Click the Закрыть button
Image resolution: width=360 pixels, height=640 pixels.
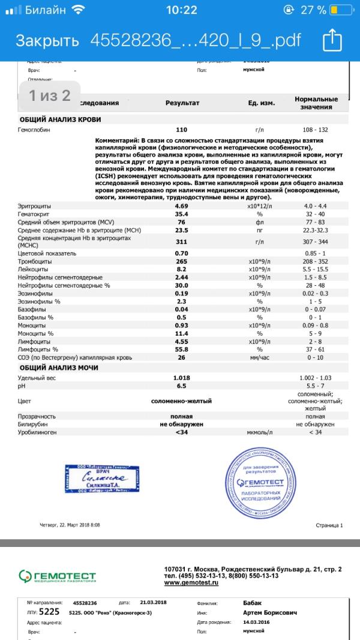(x=47, y=41)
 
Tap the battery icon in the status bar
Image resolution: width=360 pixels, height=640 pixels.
(x=342, y=10)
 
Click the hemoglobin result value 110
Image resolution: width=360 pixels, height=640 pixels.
(x=182, y=129)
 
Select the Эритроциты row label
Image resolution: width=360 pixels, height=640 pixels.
(x=35, y=207)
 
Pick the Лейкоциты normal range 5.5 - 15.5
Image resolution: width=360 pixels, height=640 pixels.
(x=316, y=270)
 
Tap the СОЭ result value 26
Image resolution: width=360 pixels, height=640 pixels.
(x=182, y=357)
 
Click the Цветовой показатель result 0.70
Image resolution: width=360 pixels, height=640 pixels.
(x=182, y=253)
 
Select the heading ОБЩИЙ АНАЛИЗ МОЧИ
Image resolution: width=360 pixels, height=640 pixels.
(x=59, y=367)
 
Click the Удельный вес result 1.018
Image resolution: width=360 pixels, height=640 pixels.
(x=182, y=378)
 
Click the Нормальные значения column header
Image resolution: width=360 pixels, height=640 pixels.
(x=316, y=103)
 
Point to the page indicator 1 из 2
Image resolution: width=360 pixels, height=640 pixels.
(x=50, y=95)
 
